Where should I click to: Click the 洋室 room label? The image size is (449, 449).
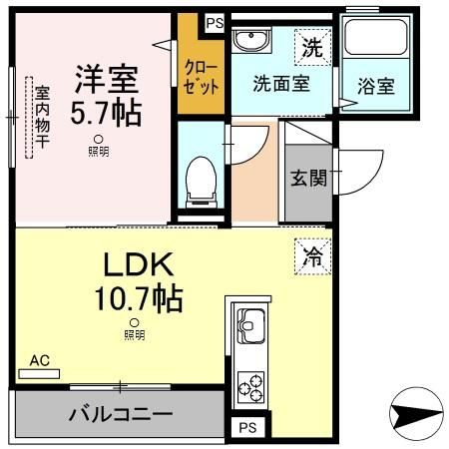(x=103, y=77)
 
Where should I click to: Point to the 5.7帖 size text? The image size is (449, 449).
(x=103, y=111)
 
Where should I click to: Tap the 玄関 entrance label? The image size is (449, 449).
(x=306, y=180)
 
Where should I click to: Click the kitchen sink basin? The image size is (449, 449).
(x=249, y=325)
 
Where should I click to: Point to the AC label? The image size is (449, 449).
(x=39, y=360)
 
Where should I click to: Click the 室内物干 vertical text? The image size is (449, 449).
(x=42, y=119)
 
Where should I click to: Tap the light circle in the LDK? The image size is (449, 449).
(x=134, y=322)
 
